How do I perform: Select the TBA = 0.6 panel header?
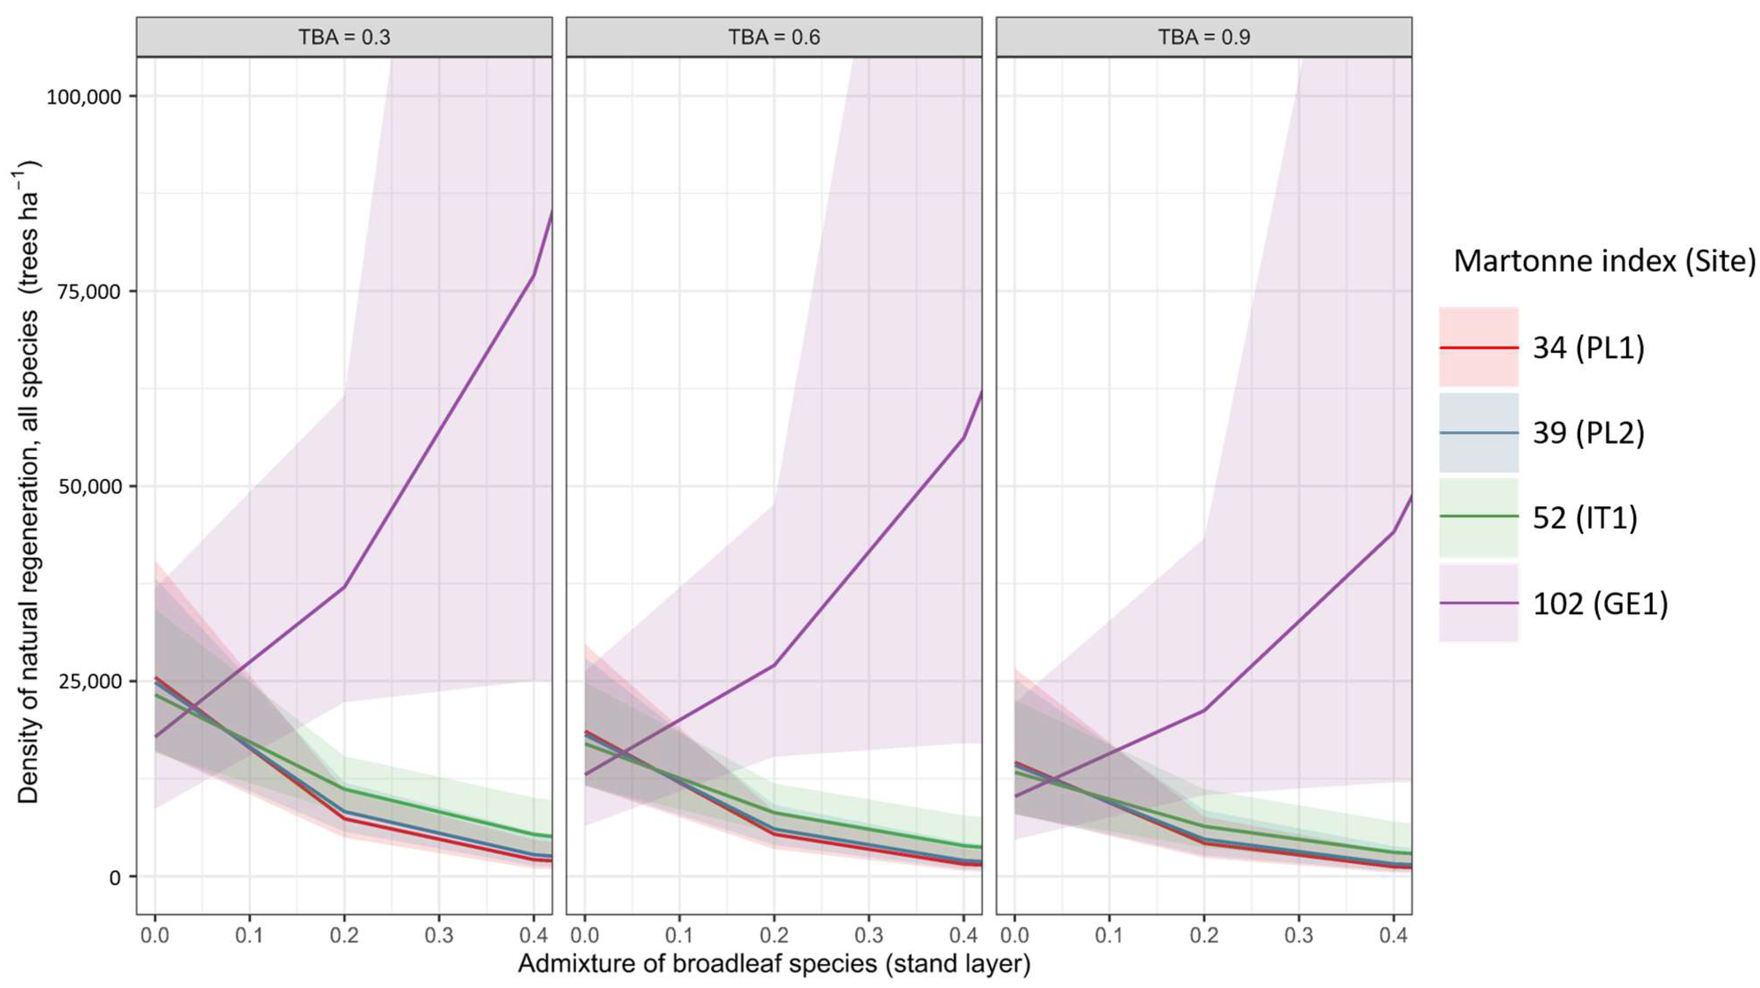click(x=774, y=37)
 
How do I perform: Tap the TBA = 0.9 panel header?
click(x=1203, y=37)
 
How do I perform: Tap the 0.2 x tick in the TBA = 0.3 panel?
click(x=344, y=935)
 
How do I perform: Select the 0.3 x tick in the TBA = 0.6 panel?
click(x=869, y=935)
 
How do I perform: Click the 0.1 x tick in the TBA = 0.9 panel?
click(x=1109, y=935)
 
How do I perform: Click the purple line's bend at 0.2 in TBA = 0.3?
click(x=344, y=587)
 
